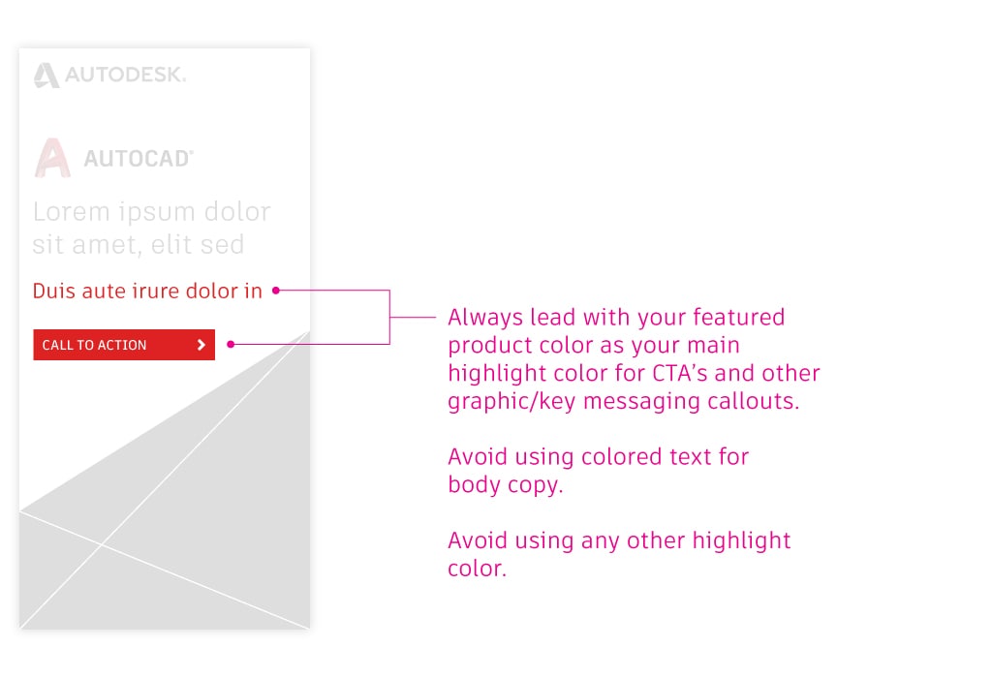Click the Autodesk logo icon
point(46,76)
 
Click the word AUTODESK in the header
point(125,75)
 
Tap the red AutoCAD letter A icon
point(52,158)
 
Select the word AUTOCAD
point(139,158)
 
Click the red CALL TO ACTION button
point(124,345)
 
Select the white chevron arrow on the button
point(201,345)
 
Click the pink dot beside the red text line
point(276,291)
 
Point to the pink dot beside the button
point(231,344)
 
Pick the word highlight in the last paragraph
point(741,540)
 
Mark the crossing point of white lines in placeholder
point(101,544)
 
